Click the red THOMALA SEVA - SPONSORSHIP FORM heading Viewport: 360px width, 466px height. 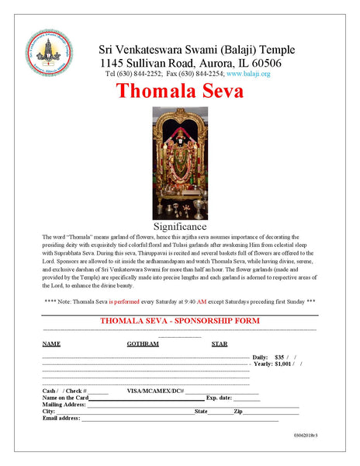[180, 321]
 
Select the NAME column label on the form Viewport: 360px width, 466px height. [51, 343]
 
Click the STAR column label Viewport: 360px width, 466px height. [220, 343]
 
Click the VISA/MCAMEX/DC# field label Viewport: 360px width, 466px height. [155, 391]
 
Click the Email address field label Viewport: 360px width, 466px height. [61, 419]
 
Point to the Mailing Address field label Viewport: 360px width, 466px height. [64, 405]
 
